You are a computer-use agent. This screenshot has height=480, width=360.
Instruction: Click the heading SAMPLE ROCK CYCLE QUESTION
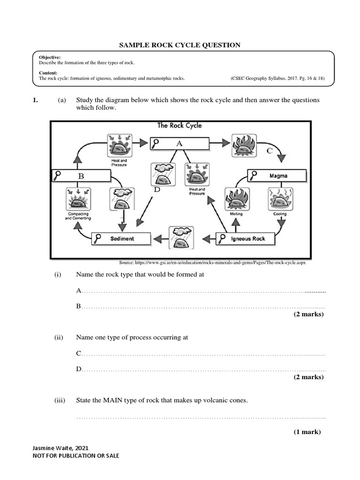[x=180, y=45]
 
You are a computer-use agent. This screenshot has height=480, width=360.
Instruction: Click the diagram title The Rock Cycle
[x=180, y=126]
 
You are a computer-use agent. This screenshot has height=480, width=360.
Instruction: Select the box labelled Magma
[x=277, y=176]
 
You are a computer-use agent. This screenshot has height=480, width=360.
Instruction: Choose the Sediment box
[x=121, y=239]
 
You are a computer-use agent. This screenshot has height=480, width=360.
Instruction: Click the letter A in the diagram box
[x=179, y=144]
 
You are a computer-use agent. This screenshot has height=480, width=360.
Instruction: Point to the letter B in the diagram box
[x=81, y=176]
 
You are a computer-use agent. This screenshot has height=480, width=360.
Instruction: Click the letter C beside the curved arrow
[x=269, y=151]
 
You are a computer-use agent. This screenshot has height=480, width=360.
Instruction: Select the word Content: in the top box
[x=48, y=73]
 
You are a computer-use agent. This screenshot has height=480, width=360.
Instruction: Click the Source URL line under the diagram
[x=213, y=263]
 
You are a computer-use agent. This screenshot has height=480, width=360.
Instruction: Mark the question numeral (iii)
[x=57, y=401]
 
